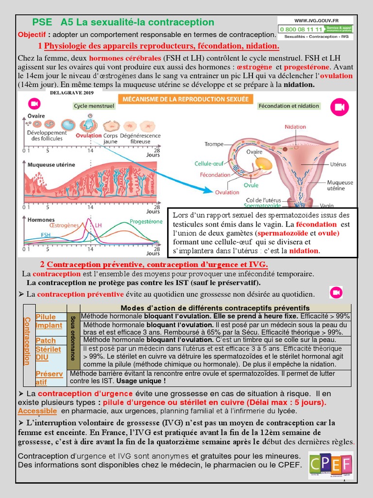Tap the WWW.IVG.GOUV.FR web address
point(316,20)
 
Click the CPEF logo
point(331,465)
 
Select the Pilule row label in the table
point(46,317)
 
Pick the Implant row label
point(49,325)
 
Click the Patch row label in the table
point(46,340)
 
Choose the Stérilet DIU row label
point(49,354)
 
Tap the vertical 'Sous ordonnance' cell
point(73,340)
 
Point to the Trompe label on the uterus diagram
point(214,144)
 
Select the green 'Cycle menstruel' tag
point(94,106)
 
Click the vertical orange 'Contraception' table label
point(27,340)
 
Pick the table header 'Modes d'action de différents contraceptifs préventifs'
point(215,308)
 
